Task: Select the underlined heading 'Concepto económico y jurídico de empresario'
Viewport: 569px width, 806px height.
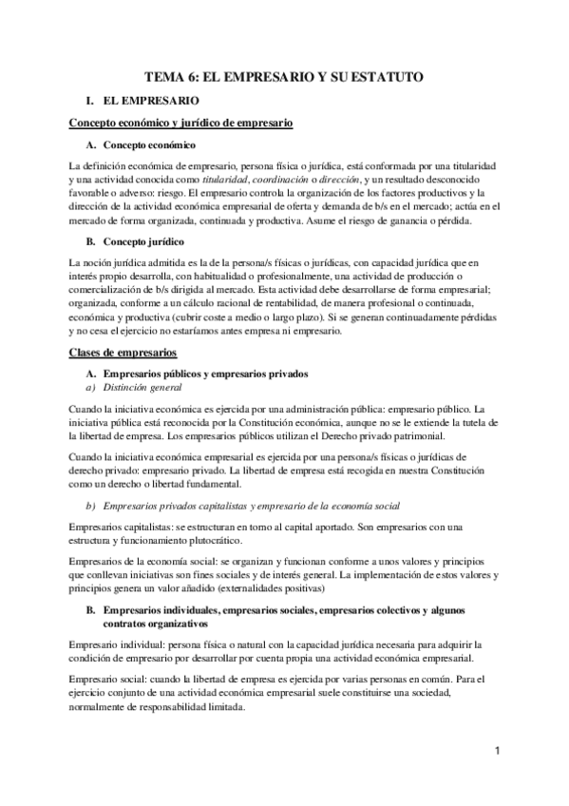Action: (180, 123)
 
